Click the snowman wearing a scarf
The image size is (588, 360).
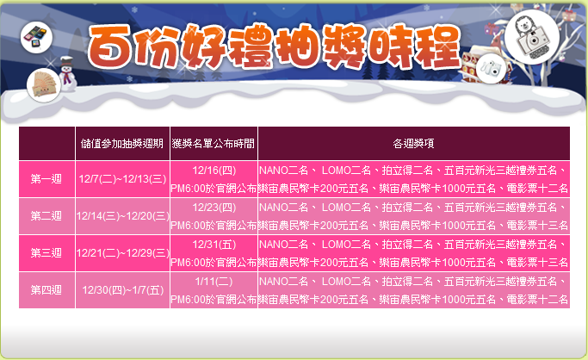coord(67,74)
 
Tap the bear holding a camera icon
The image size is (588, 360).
coord(532,37)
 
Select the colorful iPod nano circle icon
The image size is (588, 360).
coord(36,37)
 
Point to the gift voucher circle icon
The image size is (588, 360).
coord(44,85)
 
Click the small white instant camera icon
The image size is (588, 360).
coord(491,69)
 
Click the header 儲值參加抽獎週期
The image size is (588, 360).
coord(122,144)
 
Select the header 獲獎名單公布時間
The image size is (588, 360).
coord(214,144)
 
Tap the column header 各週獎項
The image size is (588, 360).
coord(413,144)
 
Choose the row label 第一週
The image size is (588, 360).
coord(46,179)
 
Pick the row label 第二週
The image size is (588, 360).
coord(46,216)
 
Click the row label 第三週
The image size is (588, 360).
coord(46,253)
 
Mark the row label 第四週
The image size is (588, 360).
coord(46,290)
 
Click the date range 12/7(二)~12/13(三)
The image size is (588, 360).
coord(122,179)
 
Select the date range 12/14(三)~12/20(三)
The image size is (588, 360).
coord(122,216)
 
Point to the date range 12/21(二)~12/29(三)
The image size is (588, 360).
coord(122,253)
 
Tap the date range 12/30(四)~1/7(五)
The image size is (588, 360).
coord(123,290)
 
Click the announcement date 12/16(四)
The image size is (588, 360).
coord(214,171)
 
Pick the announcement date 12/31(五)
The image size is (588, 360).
coord(214,245)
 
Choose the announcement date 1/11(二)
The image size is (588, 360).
coord(214,282)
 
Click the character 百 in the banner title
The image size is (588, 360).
coord(110,47)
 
